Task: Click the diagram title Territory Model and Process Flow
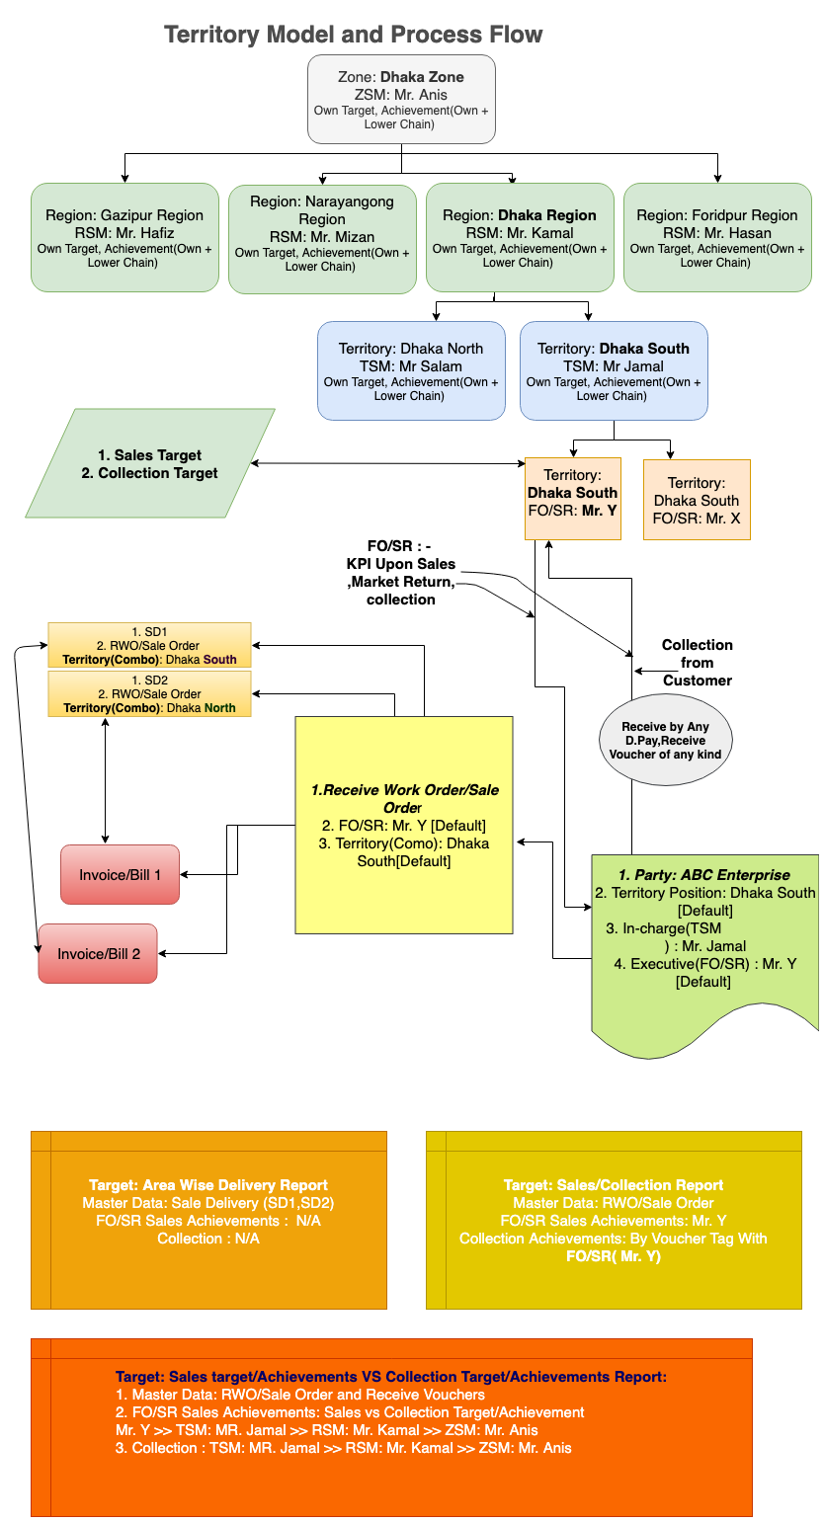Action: tap(353, 35)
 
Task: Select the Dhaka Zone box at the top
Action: tap(401, 99)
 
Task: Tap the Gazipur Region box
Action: tap(124, 237)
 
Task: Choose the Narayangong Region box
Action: tap(322, 237)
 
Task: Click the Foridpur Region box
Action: tap(717, 237)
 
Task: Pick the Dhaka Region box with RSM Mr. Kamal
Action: tap(520, 237)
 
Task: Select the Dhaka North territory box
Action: tap(411, 370)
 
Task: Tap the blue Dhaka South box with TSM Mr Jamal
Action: tap(614, 370)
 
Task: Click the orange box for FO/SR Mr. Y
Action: tap(573, 499)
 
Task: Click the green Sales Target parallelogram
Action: tap(150, 463)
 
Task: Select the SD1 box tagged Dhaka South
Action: tap(150, 645)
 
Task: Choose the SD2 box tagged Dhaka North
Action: tap(150, 693)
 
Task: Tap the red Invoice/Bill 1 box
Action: tap(120, 874)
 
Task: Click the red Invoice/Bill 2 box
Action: tap(98, 953)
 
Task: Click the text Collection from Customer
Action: tap(698, 663)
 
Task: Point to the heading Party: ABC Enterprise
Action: tap(704, 874)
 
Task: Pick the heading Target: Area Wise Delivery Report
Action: tap(208, 1184)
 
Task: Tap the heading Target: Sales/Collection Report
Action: tap(614, 1184)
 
